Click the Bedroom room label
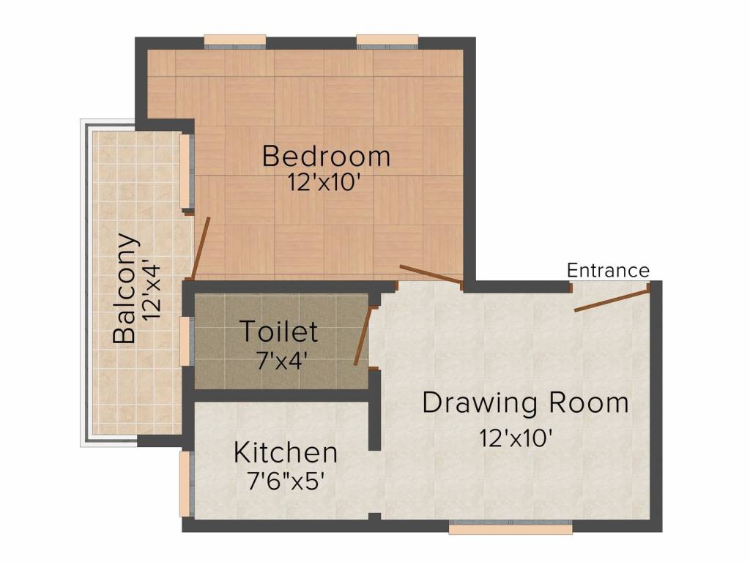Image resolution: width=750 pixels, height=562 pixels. point(326,157)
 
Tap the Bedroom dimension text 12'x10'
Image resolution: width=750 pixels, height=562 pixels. point(323,182)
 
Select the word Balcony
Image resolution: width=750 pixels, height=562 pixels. point(125,288)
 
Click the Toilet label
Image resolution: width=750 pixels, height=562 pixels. point(279,331)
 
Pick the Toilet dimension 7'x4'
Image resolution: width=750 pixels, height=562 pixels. point(281,361)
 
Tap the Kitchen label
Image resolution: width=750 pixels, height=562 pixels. point(286,452)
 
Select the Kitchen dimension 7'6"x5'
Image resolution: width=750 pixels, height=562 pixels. point(286,482)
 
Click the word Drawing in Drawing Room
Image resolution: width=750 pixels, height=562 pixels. point(480,404)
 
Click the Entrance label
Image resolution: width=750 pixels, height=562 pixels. point(608,271)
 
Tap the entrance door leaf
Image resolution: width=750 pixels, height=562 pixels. point(612,300)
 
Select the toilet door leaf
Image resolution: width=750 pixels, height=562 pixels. point(363,336)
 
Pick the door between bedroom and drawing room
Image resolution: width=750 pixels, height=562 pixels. point(431,274)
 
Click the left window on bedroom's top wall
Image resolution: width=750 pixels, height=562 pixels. point(235,42)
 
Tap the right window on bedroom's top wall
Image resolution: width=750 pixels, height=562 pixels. point(387,42)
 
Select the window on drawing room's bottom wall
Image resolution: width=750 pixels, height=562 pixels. point(510,527)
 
